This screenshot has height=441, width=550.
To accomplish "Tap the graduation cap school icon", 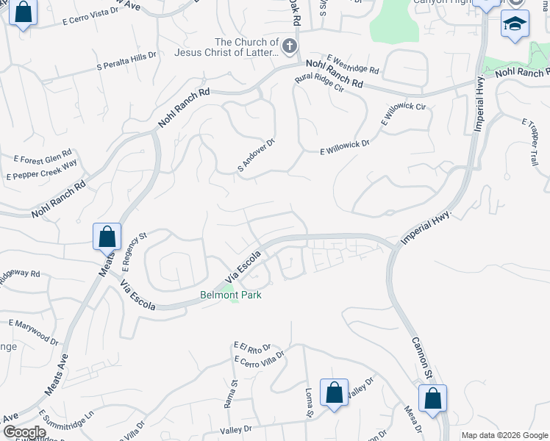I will coord(515,24).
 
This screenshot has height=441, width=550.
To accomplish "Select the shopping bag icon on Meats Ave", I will coord(107,237).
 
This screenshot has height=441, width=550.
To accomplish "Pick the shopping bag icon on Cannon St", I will coord(432,398).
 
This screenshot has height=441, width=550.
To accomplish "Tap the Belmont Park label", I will coord(231,295).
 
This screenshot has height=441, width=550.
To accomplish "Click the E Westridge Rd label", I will coord(353,65).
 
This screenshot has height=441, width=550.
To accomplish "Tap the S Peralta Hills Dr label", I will coord(127,62).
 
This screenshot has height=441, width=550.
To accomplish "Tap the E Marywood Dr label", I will coord(34,331).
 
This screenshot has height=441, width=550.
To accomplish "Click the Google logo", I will coord(24,432).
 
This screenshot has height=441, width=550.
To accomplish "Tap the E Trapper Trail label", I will coord(531,136).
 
